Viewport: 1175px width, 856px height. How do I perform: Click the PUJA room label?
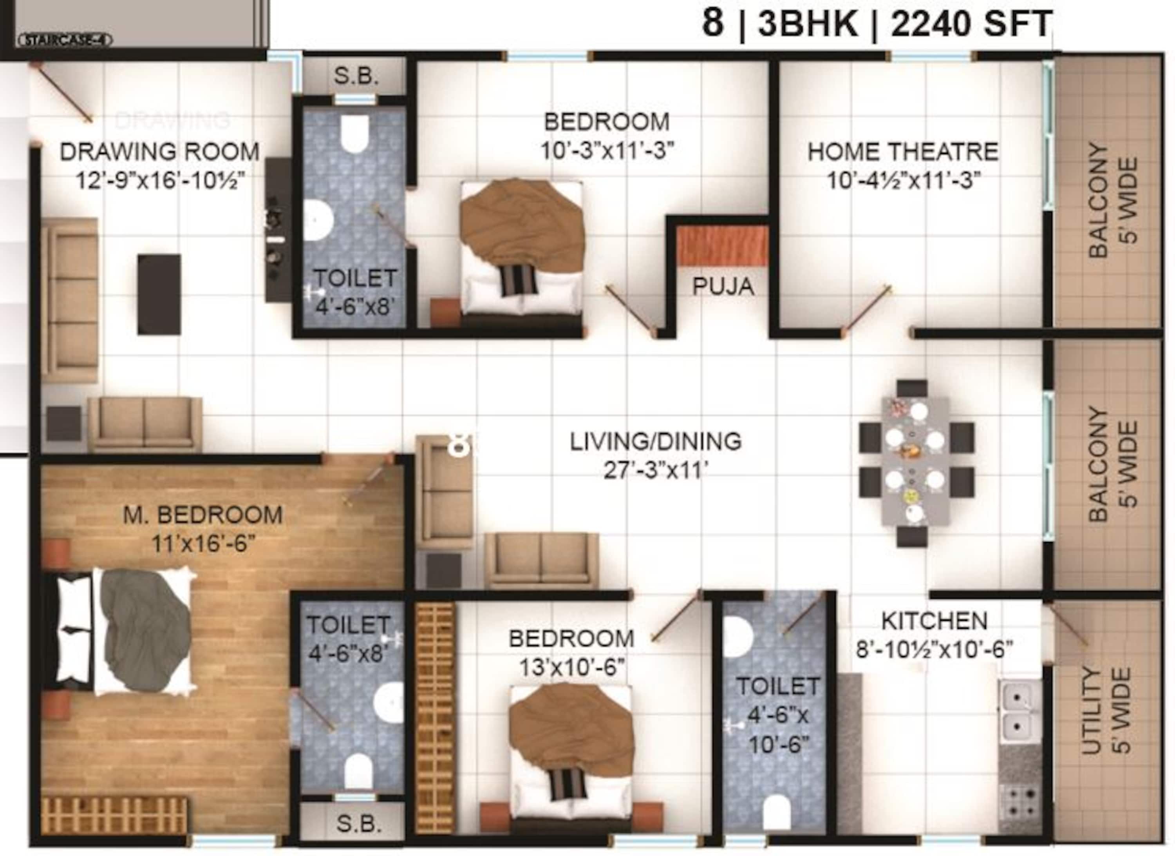coord(723,286)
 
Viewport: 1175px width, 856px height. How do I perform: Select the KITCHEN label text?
coord(934,620)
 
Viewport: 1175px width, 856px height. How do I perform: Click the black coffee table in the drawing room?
coord(159,294)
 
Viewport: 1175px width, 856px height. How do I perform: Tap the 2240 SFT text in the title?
coord(971,24)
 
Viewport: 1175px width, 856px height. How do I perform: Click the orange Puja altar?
coord(723,246)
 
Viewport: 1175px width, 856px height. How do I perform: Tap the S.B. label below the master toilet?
coord(358,824)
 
